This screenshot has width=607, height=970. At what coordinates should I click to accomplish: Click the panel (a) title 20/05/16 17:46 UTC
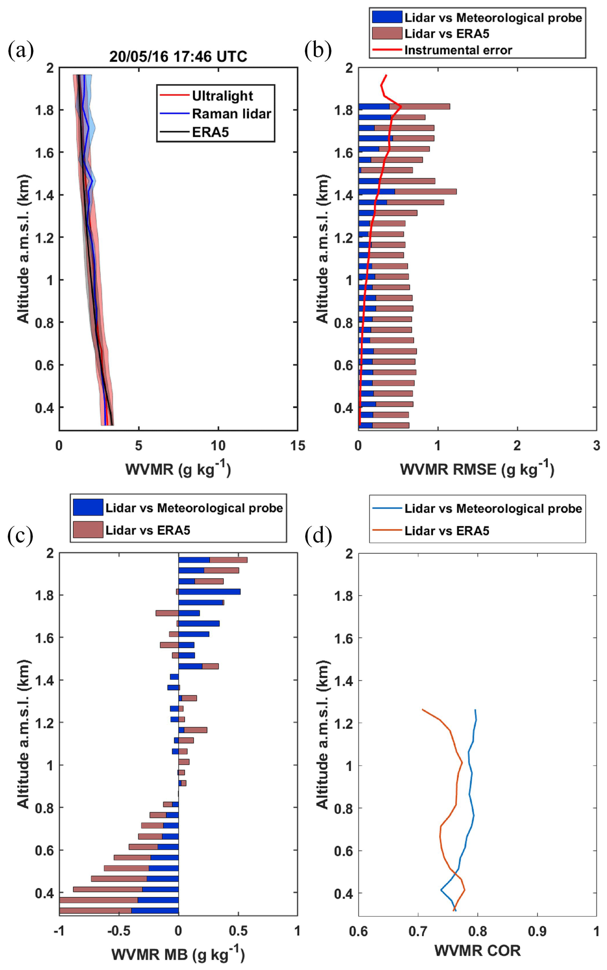[x=178, y=56]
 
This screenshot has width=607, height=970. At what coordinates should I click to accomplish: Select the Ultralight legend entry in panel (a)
[x=222, y=96]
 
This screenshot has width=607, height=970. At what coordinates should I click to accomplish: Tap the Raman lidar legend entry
[x=231, y=114]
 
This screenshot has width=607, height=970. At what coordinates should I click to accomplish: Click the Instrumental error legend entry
[x=458, y=50]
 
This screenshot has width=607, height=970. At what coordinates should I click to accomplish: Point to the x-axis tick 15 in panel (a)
[x=297, y=446]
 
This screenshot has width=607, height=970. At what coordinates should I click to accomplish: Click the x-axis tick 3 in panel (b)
[x=596, y=446]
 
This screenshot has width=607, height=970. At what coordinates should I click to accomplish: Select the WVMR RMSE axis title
[x=477, y=469]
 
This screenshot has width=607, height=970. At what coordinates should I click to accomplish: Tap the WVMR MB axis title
[x=178, y=954]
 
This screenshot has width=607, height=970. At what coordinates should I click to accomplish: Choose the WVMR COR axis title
[x=477, y=951]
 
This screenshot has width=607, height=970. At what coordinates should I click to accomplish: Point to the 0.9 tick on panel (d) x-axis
[x=537, y=931]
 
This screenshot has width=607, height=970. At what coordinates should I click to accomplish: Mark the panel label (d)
[x=318, y=537]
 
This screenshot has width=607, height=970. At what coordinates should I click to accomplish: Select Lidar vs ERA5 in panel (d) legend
[x=446, y=531]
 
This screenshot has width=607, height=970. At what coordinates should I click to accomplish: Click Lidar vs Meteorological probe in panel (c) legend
[x=194, y=508]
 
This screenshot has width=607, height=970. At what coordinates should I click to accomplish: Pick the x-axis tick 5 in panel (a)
[x=139, y=446]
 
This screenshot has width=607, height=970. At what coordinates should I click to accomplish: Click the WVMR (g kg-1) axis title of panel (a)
[x=178, y=469]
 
